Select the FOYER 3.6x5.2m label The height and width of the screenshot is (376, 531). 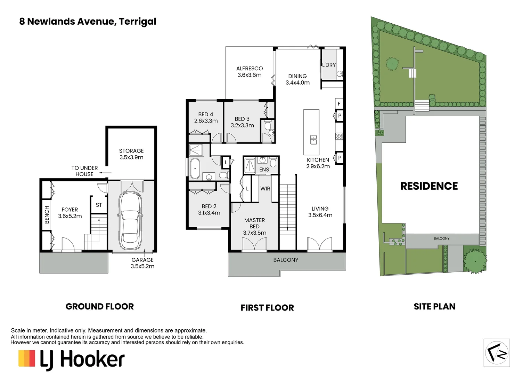coord(70,213)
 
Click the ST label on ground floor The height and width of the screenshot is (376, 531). coord(99,205)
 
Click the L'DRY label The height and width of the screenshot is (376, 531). coord(329,65)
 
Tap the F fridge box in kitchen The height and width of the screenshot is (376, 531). coord(339,103)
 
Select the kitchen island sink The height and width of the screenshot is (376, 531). coord(313,140)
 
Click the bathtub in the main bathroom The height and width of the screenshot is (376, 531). coord(195,169)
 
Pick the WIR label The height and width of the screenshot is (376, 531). coord(265,188)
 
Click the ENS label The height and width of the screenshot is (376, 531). coord(264,170)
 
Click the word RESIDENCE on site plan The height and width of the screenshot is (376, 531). coord(429,186)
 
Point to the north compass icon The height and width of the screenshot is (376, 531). coord(497,353)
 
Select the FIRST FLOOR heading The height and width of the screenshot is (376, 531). coord(267,308)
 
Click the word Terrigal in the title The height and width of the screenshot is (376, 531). coord(138,22)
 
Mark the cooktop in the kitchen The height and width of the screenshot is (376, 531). coord(339,136)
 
